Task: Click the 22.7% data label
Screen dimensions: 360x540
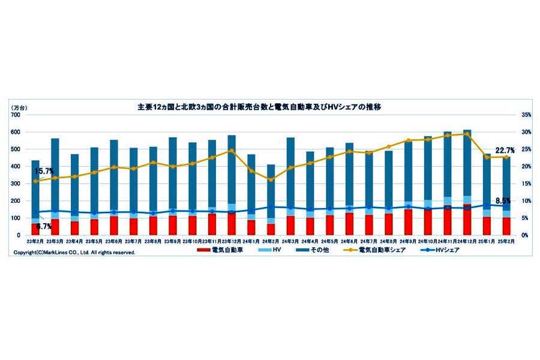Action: [503, 150]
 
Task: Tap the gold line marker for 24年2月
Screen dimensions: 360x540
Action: [271, 179]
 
